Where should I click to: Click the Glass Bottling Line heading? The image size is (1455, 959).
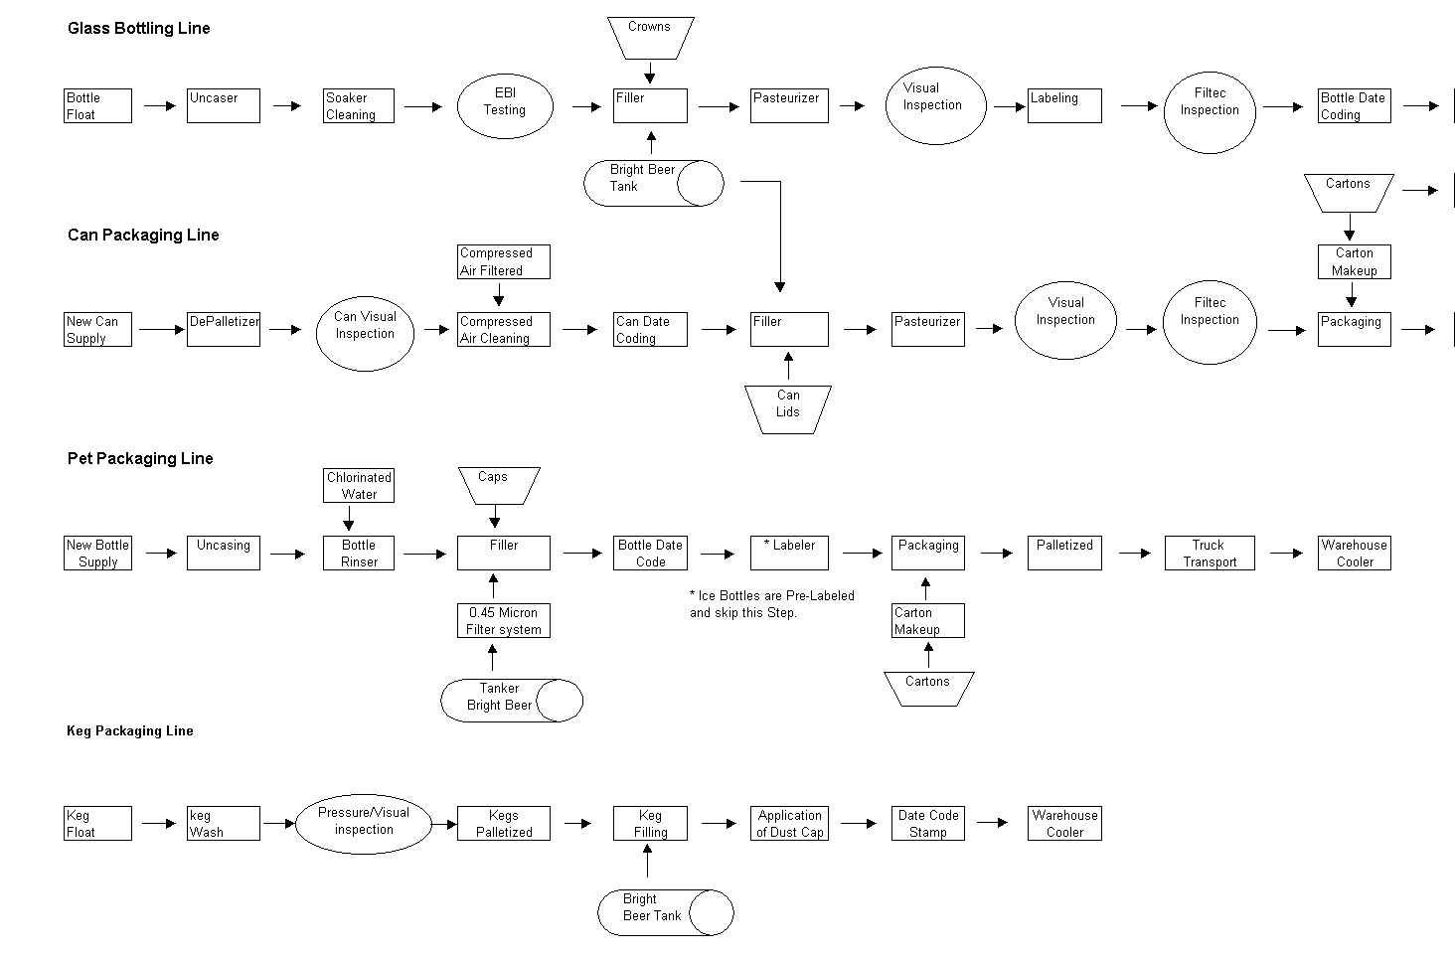point(139,29)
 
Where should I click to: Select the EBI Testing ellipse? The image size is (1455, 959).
point(504,106)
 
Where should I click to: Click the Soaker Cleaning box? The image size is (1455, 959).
point(359,106)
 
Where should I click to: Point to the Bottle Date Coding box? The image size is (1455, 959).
point(1354,106)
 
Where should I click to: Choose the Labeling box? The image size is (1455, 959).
point(1064,106)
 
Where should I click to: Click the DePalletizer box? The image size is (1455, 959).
point(224,330)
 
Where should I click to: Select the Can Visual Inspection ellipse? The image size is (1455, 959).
point(365,330)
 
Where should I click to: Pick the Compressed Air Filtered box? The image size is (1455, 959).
point(503,262)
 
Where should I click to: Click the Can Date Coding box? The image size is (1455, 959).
point(650,330)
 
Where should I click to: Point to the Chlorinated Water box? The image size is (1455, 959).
point(359,486)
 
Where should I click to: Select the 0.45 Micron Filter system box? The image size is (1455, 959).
point(503,621)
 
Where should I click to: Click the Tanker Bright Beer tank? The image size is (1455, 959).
point(511,701)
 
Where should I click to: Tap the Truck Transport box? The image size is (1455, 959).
point(1210,554)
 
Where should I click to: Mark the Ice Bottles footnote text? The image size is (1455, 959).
point(772,604)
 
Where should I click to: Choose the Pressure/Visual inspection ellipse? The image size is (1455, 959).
point(364,823)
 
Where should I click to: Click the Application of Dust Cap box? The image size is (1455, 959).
point(790,824)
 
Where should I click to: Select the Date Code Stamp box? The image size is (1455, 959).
point(928,824)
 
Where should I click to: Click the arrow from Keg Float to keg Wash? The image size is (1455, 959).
point(159,823)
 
